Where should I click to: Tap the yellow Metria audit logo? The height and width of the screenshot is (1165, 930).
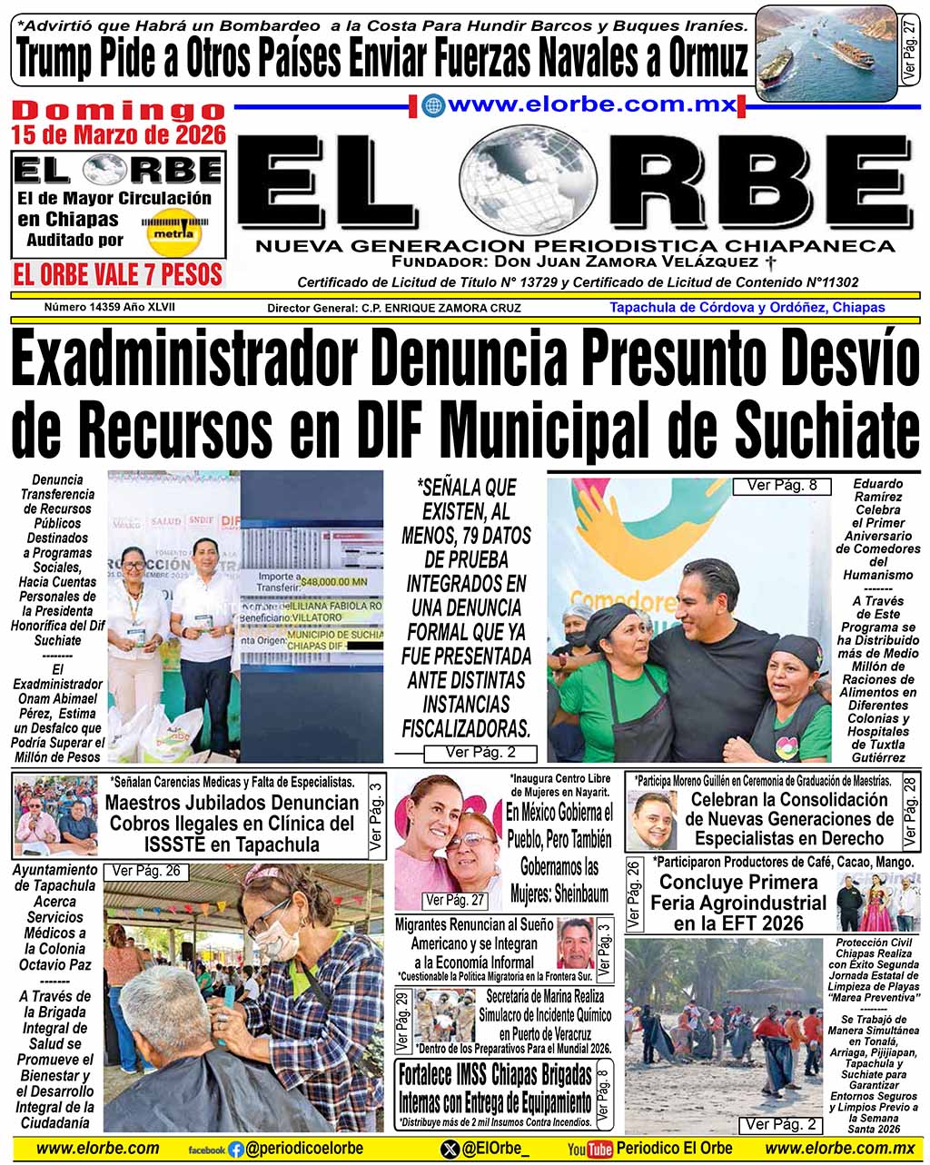point(172,231)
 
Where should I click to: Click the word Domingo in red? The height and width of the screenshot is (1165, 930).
point(119,111)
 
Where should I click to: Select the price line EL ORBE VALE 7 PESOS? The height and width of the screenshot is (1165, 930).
point(118,274)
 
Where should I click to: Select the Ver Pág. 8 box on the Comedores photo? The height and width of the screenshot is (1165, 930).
point(781,486)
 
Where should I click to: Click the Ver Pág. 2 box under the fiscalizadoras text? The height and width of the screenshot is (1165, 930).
point(480,753)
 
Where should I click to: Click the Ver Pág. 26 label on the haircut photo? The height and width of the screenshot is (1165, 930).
point(145,872)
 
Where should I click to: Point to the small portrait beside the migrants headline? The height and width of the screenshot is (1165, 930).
point(574,943)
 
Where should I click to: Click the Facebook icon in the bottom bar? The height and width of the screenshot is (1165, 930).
point(236,1150)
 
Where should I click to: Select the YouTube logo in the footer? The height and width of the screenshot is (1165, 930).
point(589,1150)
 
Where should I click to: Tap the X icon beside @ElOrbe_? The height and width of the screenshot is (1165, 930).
point(450,1150)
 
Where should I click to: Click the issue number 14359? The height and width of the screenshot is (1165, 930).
point(110,307)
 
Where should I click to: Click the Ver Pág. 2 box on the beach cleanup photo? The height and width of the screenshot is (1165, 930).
point(781,1125)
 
